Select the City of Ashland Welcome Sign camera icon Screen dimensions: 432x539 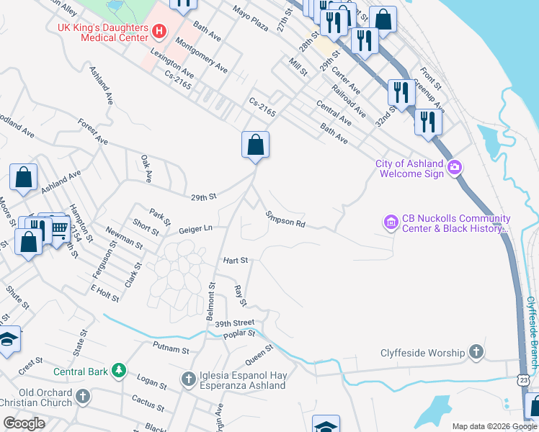point(454,168)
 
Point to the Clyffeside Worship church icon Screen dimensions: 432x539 point(476,353)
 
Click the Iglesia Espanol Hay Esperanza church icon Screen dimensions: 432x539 point(188,379)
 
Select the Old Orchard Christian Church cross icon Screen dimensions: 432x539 point(83,397)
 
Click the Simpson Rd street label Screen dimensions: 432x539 point(285,220)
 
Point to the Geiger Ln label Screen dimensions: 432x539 point(196,229)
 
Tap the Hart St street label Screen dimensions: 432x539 point(235,260)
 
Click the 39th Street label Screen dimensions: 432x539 point(235,324)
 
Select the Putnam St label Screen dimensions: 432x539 point(170,349)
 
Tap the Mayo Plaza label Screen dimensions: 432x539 point(250,22)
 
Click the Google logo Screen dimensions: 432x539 point(24,423)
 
